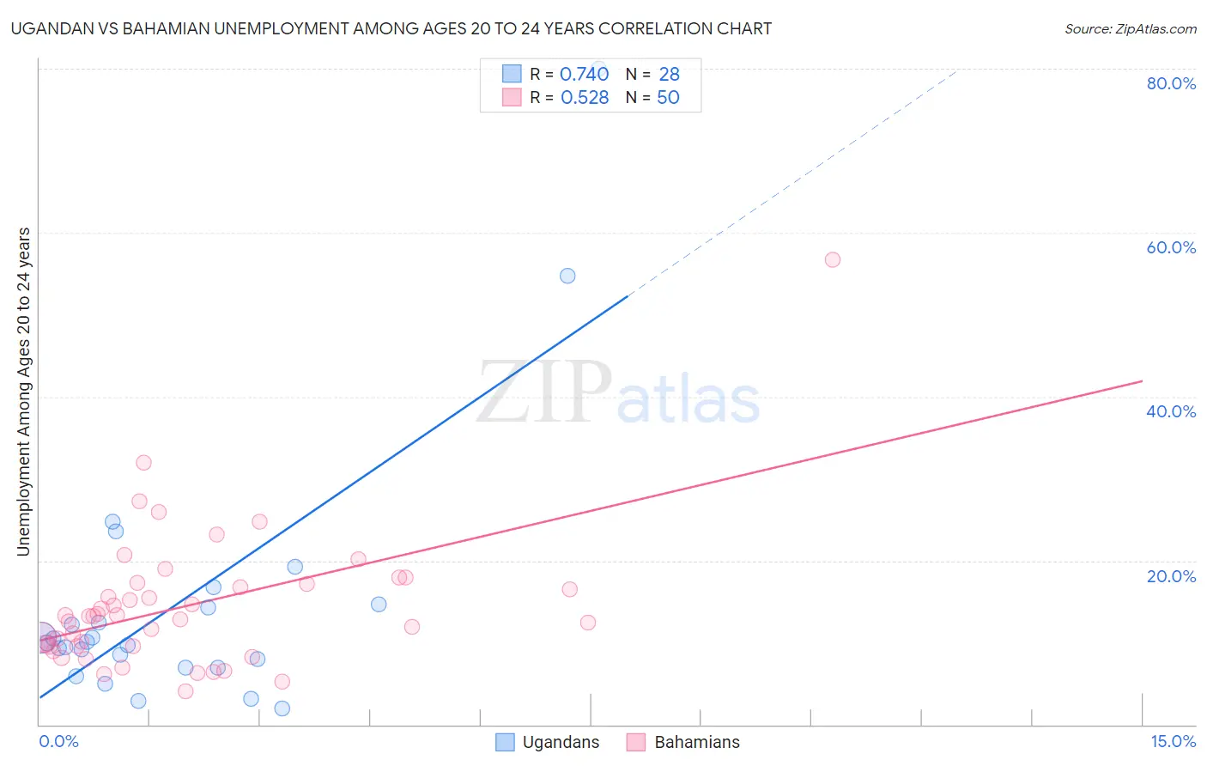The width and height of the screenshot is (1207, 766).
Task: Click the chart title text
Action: coord(391,28)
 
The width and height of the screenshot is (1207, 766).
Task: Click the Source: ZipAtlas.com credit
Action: coord(1130,28)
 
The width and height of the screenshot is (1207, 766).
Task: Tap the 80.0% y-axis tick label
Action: coord(1171,83)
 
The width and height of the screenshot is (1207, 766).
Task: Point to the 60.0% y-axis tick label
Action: coord(1171,247)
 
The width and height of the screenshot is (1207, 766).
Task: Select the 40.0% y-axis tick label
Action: coord(1171,411)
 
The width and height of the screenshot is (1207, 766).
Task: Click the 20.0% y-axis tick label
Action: coord(1171,576)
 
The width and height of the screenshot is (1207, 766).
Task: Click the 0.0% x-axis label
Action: coord(58,741)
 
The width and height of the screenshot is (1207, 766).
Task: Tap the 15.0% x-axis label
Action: coord(1173,741)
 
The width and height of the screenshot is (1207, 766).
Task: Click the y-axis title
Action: coord(24,392)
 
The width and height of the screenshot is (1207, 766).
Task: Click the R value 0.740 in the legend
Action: coord(584,74)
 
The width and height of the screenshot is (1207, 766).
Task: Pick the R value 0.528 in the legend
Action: coord(585,98)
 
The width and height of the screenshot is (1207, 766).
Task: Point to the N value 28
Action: coord(669,74)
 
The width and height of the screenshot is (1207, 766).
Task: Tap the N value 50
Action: coord(668,98)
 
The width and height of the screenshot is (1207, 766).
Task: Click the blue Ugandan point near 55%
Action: coord(567,276)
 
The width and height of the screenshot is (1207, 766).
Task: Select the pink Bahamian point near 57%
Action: coord(832,259)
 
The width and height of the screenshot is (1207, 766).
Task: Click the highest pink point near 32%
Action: coord(143,463)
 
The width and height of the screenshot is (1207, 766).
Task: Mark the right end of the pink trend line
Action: coord(1142,380)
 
